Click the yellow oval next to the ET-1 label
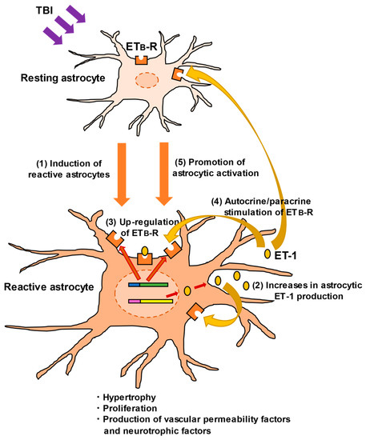[268, 254]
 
